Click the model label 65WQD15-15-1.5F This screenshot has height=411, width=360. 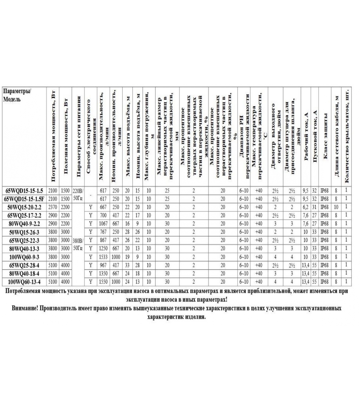click(24, 199)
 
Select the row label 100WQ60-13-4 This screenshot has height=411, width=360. click(24, 282)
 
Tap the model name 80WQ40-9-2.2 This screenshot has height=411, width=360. click(24, 224)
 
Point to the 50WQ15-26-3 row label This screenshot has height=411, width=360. click(24, 232)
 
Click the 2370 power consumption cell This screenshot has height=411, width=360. click(53, 207)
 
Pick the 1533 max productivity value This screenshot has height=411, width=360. click(103, 257)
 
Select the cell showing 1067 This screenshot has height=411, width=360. click(103, 224)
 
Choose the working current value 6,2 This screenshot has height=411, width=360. click(305, 207)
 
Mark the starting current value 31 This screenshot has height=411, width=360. click(314, 207)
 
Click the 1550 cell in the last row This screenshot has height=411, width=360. click(103, 282)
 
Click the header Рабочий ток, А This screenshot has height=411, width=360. click(306, 136)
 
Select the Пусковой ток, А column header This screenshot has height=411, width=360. click(315, 136)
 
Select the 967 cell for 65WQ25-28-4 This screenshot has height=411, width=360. click(103, 265)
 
